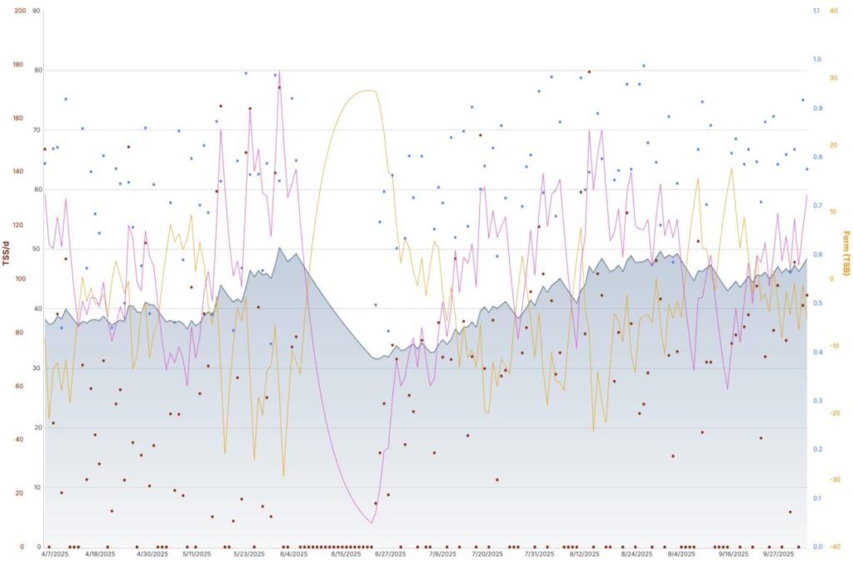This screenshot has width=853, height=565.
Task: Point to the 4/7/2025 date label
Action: [x=52, y=554]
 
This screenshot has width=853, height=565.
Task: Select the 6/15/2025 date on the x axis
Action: [x=344, y=554]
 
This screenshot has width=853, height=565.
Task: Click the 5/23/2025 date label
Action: [x=249, y=554]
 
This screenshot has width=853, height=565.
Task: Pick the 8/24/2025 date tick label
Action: [x=636, y=554]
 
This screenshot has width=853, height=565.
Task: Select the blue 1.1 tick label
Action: [x=816, y=11]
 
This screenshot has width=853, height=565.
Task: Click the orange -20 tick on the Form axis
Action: [x=834, y=412]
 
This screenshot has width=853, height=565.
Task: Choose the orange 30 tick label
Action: [x=833, y=77]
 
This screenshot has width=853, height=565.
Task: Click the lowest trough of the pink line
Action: [x=371, y=523]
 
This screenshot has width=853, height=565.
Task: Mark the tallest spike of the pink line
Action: [x=279, y=72]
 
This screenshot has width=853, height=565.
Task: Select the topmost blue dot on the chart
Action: [x=643, y=65]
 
